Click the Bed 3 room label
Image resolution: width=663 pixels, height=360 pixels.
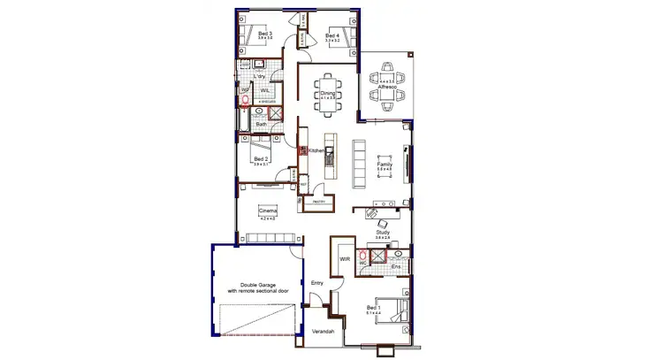coord(263,34)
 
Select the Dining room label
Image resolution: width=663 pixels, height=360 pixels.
coord(327,93)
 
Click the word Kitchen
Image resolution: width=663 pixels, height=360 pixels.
coord(317,151)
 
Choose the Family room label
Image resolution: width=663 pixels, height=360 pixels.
coord(385,165)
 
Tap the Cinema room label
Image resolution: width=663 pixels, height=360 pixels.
coord(266,210)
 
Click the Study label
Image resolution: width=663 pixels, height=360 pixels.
coord(382,233)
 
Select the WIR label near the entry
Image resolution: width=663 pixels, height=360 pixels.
coord(346,259)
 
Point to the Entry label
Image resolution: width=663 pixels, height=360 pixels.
coord(316,283)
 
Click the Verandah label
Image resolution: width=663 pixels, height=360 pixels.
coord(324,331)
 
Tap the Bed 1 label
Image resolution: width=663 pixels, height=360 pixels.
coord(373,308)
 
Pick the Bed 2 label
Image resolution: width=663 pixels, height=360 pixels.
coord(261,159)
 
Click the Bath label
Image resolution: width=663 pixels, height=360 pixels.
coord(262,125)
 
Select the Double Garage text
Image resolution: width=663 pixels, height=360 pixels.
coord(254,286)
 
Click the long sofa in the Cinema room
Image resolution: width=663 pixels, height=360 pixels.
coord(271,237)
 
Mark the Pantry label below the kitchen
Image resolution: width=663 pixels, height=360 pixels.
coord(317,201)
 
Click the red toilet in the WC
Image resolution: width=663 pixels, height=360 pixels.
coord(362,260)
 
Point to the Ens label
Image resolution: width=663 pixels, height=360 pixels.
coord(396,264)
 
